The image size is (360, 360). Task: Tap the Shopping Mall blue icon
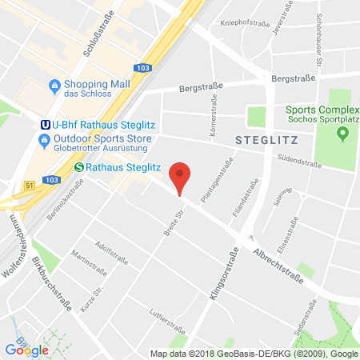click(54, 85)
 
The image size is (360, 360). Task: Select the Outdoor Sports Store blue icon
click(46, 141)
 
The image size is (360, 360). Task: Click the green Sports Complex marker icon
click(343, 133)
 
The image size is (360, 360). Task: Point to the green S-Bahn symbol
click(79, 167)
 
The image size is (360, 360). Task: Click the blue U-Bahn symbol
click(46, 123)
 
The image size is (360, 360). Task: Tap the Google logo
click(26, 349)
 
